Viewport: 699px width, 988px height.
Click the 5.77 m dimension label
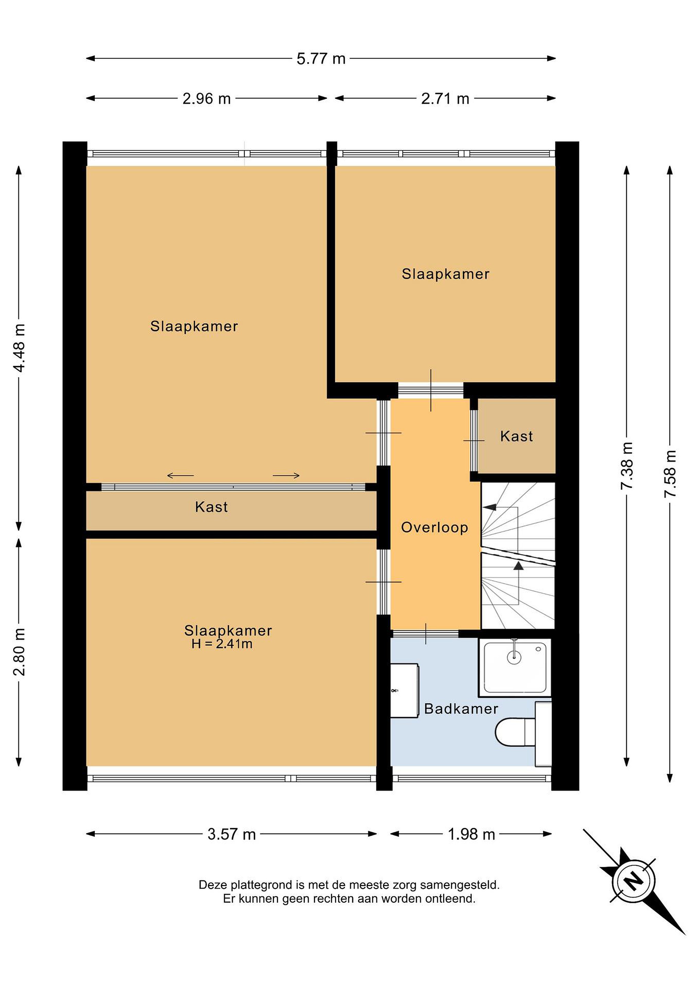321,59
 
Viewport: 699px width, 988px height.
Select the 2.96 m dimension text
207,98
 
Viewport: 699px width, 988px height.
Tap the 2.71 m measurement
445,98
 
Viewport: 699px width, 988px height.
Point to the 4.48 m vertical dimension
19,348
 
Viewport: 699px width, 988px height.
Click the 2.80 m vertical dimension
19,651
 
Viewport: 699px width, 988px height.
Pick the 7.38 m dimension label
627,466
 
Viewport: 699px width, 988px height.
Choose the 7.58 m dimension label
670,474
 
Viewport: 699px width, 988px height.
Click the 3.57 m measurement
232,834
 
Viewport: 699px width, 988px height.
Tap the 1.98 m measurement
471,834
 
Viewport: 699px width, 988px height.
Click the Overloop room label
435,528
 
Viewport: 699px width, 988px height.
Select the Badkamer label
461,709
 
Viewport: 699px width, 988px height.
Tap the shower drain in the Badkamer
514,657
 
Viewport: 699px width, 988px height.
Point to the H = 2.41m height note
222,644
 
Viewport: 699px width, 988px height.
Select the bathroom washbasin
405,691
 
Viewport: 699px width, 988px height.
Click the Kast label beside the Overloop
516,436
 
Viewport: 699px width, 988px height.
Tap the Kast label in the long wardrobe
211,507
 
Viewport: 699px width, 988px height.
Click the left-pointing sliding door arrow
180,475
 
